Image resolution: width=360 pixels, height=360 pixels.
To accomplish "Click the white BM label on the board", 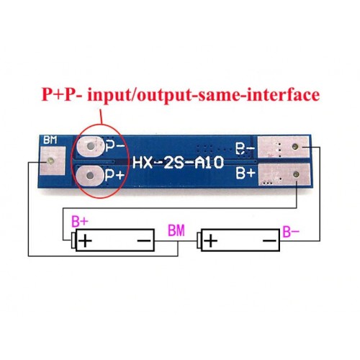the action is tap(50, 140).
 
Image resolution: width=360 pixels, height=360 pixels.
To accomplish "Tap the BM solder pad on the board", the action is tap(53, 161).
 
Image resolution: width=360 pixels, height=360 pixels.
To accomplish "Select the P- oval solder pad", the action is tap(91, 146).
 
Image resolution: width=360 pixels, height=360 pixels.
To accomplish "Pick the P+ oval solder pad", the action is tap(90, 176).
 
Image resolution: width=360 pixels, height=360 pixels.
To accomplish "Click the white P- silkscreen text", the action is tap(115, 146).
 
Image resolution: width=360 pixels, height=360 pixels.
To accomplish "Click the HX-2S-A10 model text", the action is tap(178, 163).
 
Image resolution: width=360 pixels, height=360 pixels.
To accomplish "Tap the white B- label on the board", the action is tap(245, 149).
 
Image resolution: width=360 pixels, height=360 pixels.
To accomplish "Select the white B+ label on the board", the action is tap(245, 173).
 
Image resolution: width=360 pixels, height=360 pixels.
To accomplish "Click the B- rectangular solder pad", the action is tap(282, 147).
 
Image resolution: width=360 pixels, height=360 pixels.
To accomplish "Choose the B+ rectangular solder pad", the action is tap(284, 175).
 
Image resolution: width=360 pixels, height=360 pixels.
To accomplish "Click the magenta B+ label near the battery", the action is tap(80, 222).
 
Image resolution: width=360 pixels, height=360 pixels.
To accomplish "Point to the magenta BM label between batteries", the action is tap(176, 230).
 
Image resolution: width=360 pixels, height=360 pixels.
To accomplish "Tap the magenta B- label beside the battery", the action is tap(291, 232).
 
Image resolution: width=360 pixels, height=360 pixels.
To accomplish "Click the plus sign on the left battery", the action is tap(85, 240).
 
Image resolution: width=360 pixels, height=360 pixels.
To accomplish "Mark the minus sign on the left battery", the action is tap(144, 240).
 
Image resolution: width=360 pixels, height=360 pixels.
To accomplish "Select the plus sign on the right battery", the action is tap(211, 240).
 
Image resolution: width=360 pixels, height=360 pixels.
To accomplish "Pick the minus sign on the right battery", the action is tap(270, 240).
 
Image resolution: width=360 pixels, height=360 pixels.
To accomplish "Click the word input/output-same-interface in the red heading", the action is tap(203, 96).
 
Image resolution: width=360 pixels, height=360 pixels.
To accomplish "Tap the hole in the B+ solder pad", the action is tap(296, 174).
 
